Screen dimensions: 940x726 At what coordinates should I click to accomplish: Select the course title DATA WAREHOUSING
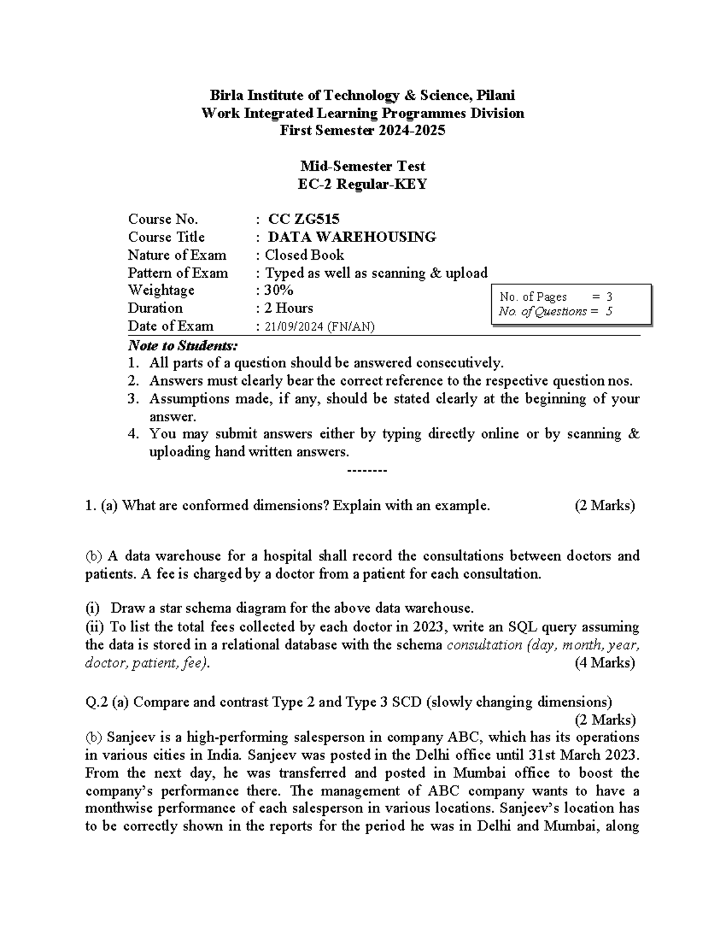pos(352,237)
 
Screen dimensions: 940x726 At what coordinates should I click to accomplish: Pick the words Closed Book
pos(304,255)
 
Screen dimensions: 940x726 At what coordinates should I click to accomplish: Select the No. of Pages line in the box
pos(556,297)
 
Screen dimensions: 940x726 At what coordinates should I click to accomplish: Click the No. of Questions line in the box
pos(555,312)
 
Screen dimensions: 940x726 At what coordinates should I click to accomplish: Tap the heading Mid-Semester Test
pos(362,166)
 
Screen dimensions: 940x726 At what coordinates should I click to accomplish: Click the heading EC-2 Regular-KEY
pos(362,184)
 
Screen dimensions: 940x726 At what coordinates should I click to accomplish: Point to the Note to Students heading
pos(183,346)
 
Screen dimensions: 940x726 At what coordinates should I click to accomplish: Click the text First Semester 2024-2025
pos(362,130)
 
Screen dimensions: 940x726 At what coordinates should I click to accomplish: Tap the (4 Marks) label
pos(604,663)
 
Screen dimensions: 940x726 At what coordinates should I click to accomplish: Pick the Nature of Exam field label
pos(177,255)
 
